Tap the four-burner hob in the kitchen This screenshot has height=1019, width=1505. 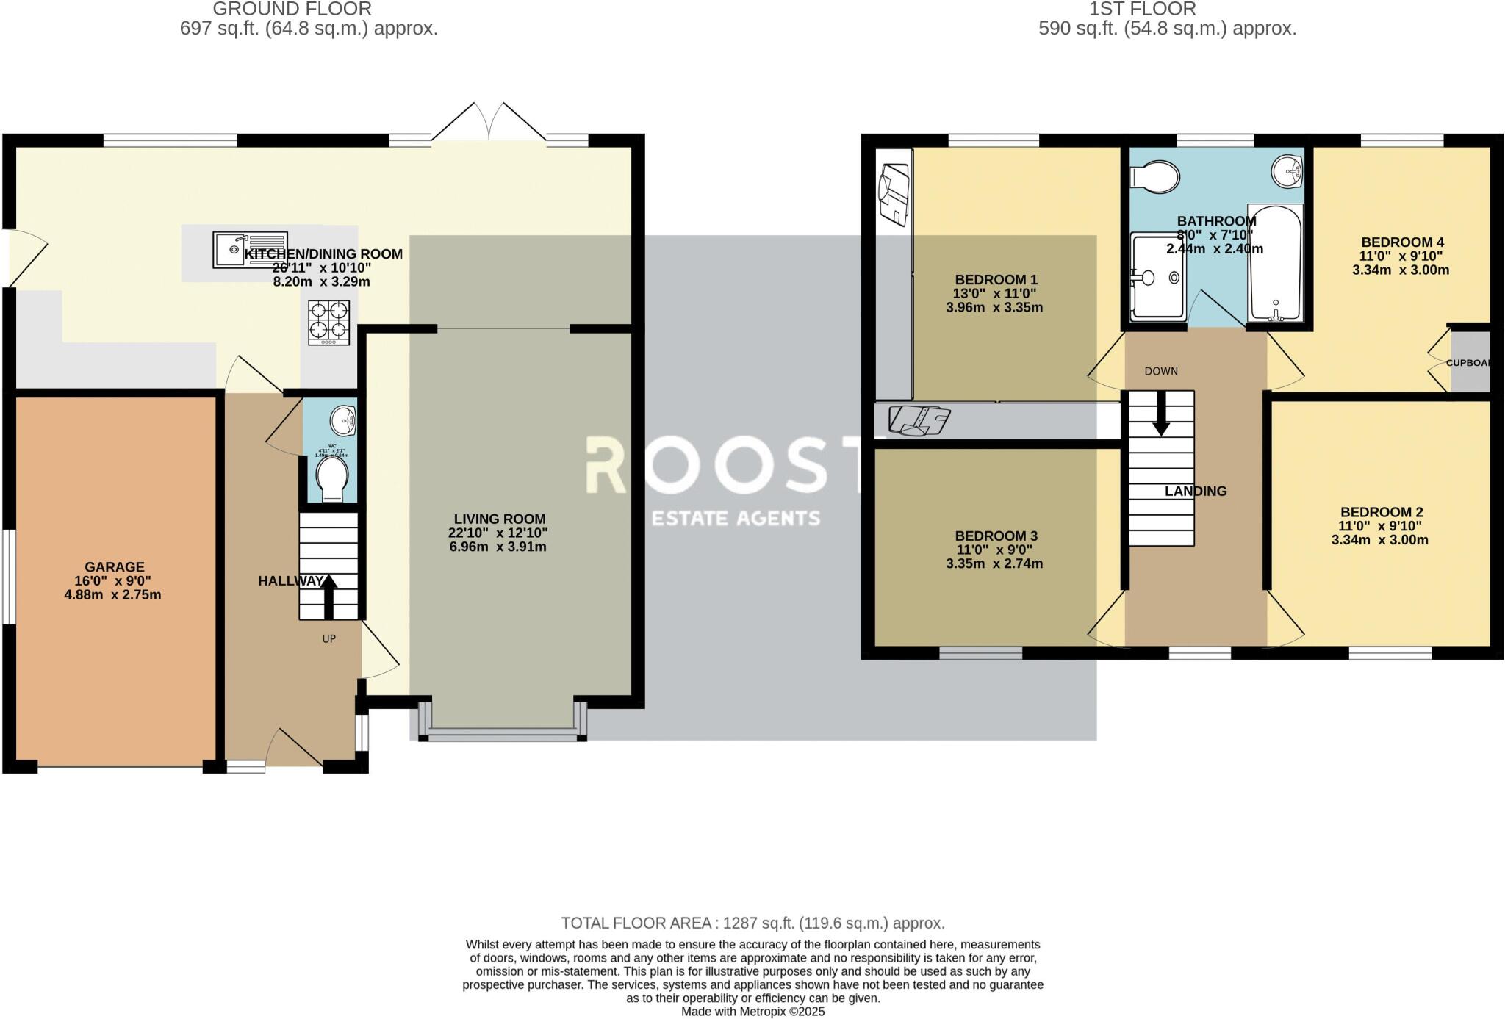pos(328,323)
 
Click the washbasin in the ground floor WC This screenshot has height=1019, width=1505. pos(343,422)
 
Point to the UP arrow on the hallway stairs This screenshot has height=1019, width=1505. pos(328,594)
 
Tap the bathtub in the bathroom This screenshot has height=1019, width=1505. pos(1275,264)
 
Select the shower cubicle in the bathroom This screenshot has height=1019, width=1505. pos(1157,277)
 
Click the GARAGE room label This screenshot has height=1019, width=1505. pos(114,567)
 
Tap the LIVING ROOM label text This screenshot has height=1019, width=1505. pos(499,519)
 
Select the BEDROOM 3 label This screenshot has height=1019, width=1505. pos(996,536)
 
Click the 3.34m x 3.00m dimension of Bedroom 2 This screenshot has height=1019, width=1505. pos(1379,541)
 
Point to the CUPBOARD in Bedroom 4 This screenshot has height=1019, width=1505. pos(1469,362)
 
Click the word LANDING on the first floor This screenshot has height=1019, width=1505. pos(1195,492)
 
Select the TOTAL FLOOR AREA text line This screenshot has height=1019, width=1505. pos(752,923)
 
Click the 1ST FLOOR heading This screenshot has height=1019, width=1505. pos(1166,10)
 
